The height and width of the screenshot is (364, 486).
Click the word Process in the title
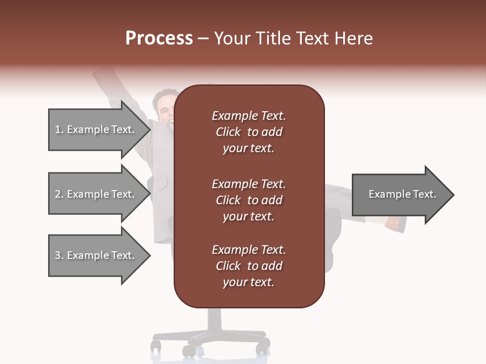[x=159, y=38]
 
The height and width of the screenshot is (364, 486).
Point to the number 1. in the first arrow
[x=59, y=129]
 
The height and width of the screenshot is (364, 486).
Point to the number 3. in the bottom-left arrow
[x=59, y=255]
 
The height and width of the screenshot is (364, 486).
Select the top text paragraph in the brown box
[x=249, y=132]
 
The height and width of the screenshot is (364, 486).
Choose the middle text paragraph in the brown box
[x=249, y=200]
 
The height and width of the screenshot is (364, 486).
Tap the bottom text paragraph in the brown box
[x=249, y=266]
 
